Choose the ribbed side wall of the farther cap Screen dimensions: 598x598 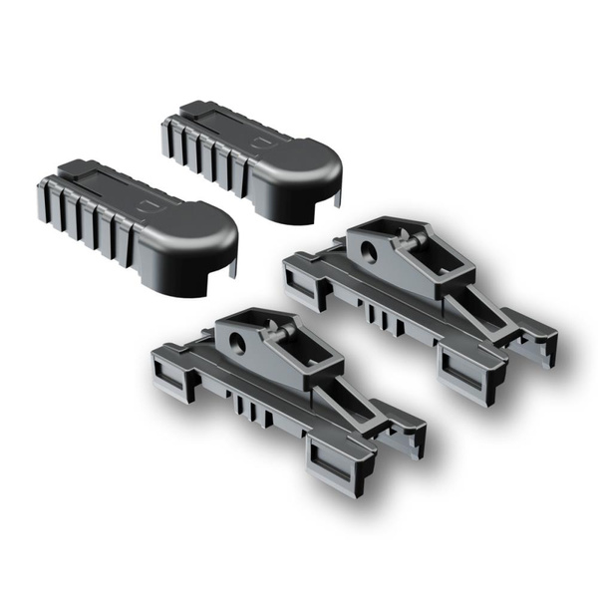click(204, 149)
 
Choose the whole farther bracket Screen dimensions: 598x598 click(419, 299)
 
